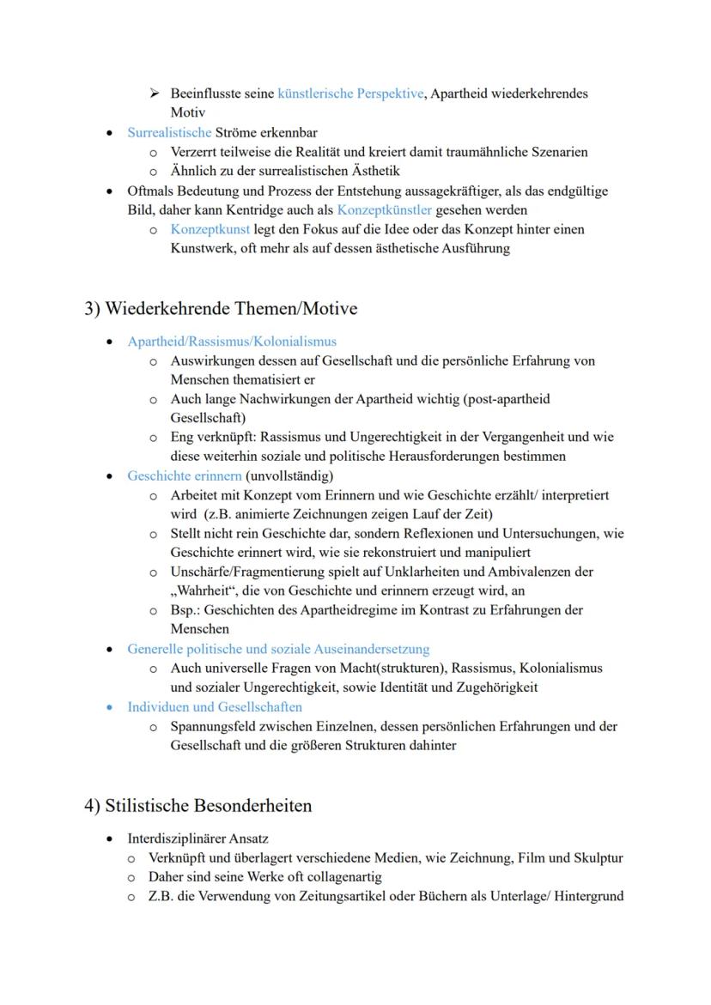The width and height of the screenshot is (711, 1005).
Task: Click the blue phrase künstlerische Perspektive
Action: point(350,94)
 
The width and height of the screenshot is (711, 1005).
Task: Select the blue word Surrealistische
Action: point(169,133)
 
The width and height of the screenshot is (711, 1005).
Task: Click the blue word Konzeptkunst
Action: point(210,230)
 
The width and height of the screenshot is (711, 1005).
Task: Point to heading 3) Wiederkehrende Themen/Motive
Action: point(221,308)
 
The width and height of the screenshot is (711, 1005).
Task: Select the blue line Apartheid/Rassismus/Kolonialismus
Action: point(232,342)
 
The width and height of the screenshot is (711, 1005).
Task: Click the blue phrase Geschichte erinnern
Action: point(184,475)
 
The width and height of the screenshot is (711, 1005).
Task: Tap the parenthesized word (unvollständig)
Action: point(289,475)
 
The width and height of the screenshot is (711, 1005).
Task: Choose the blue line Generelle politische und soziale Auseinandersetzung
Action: point(278,649)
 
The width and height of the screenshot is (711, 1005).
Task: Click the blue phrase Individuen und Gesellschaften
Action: point(215,707)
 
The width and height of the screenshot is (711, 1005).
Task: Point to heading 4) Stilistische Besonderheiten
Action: point(198,806)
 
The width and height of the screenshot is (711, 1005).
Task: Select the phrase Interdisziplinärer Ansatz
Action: point(197,839)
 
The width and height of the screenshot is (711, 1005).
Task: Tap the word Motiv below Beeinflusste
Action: point(186,112)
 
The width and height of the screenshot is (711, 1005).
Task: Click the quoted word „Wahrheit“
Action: point(204,590)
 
